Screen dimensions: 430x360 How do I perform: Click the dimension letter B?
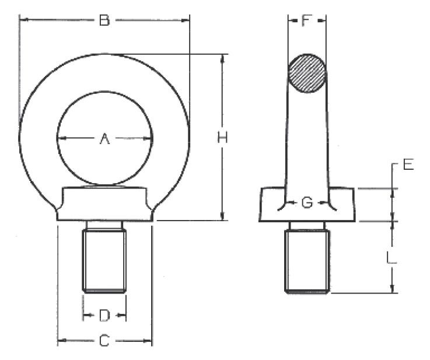coord(104,20)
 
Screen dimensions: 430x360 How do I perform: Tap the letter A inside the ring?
coord(104,138)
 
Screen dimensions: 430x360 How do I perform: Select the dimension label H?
coord(222,137)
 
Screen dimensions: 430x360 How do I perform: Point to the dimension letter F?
coord(307,20)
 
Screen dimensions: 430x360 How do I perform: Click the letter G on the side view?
coord(307,202)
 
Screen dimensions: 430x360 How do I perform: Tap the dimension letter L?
coord(391,258)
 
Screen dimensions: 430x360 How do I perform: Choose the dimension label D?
coord(104,315)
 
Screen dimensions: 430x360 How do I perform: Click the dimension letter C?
coord(104,341)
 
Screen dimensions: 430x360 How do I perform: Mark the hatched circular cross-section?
coord(307,73)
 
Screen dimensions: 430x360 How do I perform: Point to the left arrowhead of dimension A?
coord(62,138)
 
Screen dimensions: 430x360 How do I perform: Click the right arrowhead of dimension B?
coord(186,20)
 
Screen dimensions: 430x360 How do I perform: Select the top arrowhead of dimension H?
coord(223,59)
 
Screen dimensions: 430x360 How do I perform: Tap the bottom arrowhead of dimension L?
coord(393,289)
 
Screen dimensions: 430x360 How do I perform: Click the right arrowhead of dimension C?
coord(148,341)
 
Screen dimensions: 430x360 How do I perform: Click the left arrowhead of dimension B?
coord(23,19)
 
